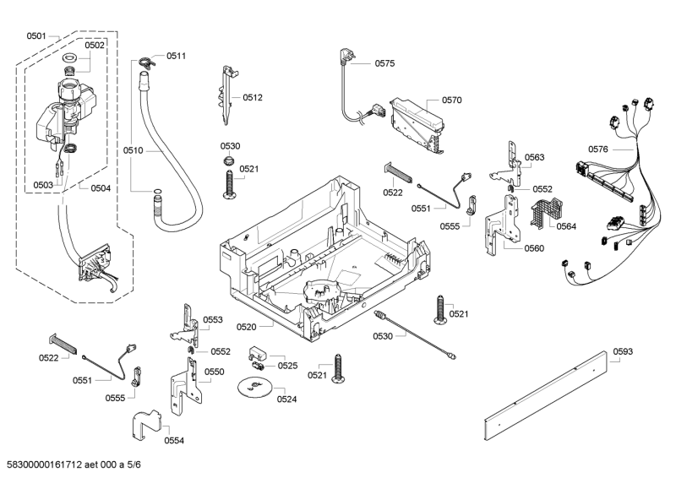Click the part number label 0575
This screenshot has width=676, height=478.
pos(384,62)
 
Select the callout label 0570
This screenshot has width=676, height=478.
pos(451,100)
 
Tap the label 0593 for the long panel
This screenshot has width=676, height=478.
pos(623,351)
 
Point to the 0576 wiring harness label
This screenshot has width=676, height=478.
pos(597,149)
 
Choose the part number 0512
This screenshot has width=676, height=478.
pos(253,97)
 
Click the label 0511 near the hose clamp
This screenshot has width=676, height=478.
pos(176,56)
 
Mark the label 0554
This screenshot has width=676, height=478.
pos(174,440)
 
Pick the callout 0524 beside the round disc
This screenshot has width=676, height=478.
pos(287,398)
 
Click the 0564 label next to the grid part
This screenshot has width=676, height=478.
pos(565,225)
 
